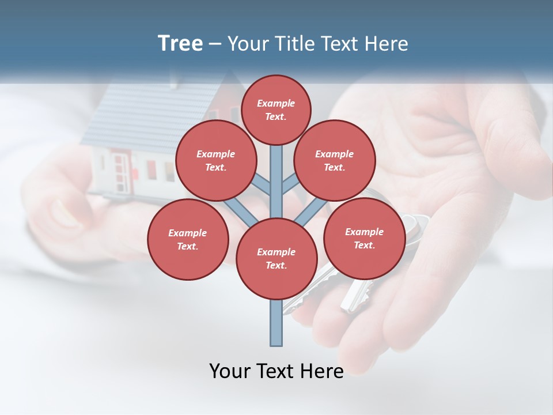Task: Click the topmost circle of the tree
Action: [x=276, y=110]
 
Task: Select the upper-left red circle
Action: [x=215, y=161]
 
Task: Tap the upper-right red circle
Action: [x=335, y=161]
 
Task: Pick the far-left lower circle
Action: [x=188, y=239]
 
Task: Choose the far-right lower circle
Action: [x=364, y=238]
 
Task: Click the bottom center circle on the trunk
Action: [x=276, y=258]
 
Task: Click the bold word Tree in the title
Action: [x=180, y=43]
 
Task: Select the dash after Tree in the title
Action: [x=215, y=44]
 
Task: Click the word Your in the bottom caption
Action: [x=230, y=371]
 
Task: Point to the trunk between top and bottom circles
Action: [x=276, y=184]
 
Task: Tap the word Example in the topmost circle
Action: [x=276, y=103]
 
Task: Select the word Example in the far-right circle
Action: [x=364, y=232]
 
